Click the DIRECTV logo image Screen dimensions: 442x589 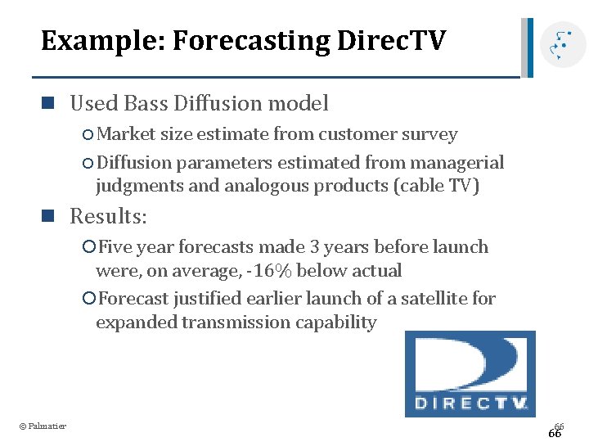470,373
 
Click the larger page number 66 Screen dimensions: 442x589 555,434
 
